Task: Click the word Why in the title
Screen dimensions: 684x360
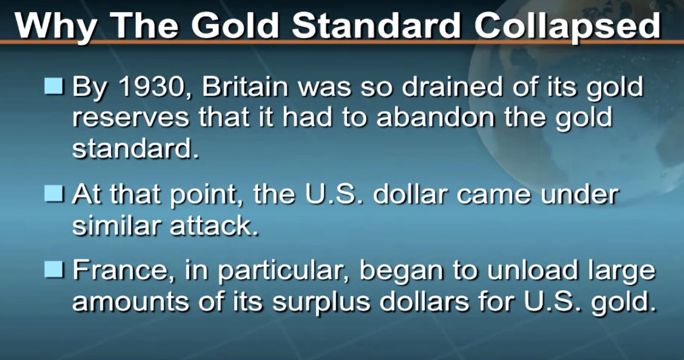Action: click(55, 27)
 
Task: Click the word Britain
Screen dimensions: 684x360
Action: click(245, 87)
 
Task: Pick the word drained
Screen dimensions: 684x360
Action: click(452, 87)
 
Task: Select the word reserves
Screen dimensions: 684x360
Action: click(130, 118)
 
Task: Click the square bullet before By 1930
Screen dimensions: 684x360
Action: click(54, 86)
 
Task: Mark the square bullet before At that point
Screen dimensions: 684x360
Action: click(54, 193)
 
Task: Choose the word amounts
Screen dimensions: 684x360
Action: click(130, 302)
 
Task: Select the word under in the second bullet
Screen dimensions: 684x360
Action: click(580, 193)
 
